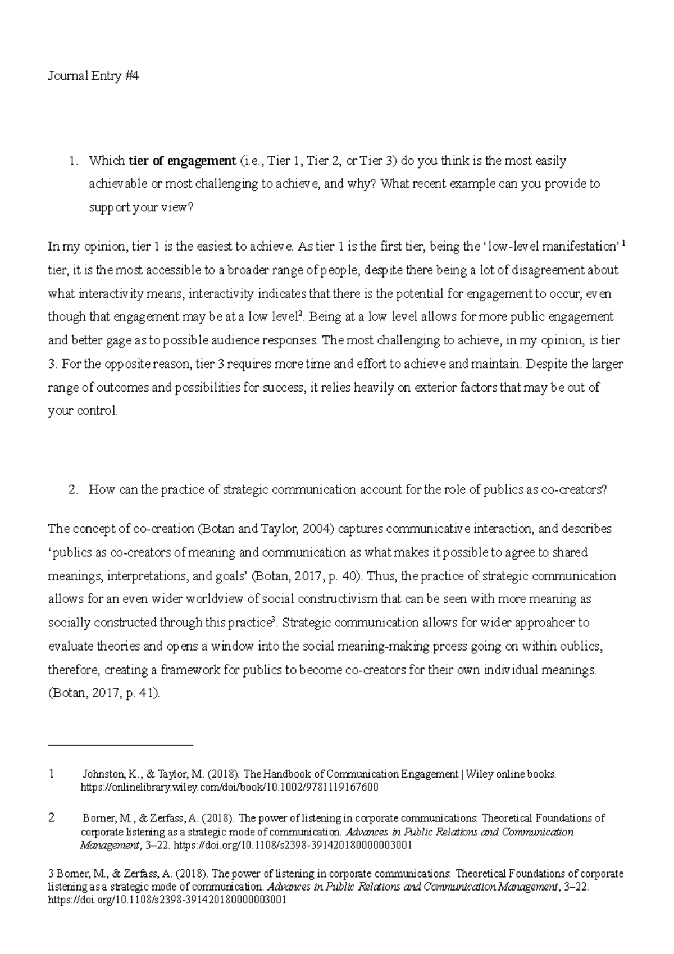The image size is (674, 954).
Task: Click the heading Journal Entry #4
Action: click(93, 76)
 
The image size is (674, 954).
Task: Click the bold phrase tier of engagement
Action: click(183, 161)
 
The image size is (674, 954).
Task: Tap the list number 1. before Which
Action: click(73, 161)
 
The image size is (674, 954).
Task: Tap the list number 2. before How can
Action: click(73, 489)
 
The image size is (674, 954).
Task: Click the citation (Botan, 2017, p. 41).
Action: click(104, 693)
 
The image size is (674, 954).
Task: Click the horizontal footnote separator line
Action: click(121, 746)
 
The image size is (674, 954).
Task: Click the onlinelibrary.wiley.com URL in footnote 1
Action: click(230, 788)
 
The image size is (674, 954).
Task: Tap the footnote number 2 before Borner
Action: click(52, 818)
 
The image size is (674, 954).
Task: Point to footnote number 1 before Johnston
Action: click(52, 774)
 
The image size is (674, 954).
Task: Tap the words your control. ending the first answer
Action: click(83, 411)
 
